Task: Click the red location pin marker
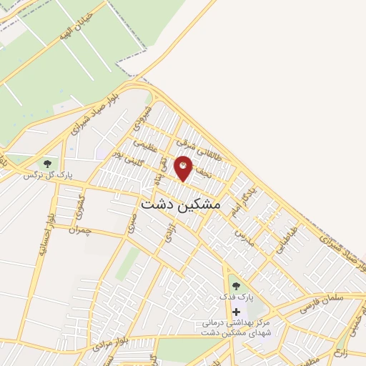coord(184,167)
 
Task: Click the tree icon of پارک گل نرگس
coord(47,164)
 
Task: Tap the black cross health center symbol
coord(236,312)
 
